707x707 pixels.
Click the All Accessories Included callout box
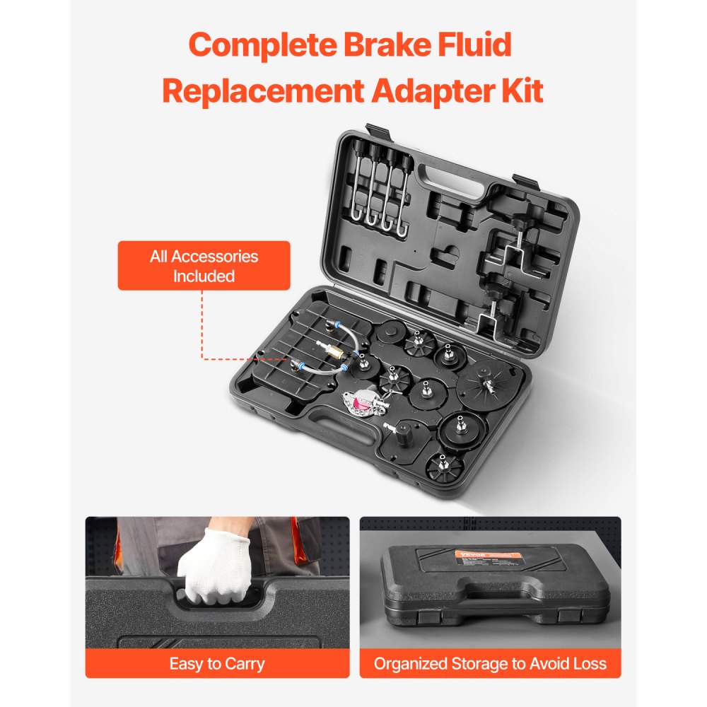tap(204, 266)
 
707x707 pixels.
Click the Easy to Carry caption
tap(217, 664)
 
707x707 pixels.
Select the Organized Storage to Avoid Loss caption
tap(490, 664)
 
